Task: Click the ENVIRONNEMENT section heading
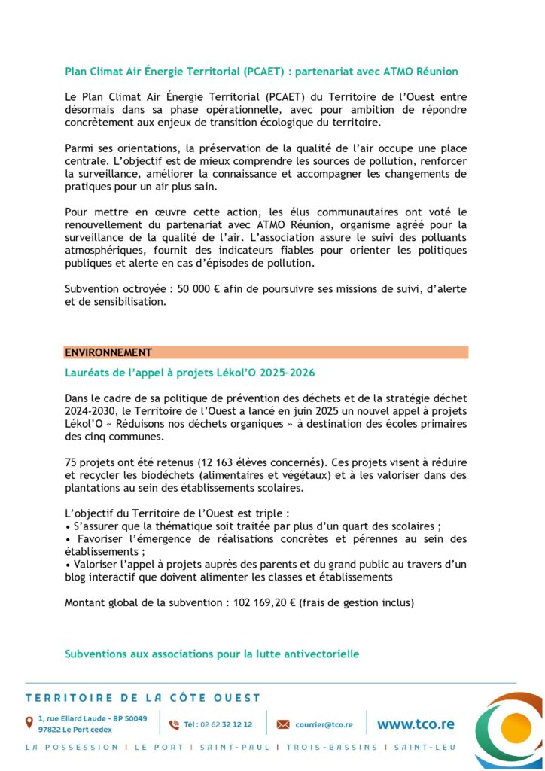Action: click(x=108, y=352)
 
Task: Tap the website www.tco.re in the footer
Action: click(x=416, y=724)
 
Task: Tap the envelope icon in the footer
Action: click(x=283, y=724)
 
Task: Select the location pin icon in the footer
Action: click(x=29, y=723)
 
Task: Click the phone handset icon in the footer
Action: click(x=174, y=724)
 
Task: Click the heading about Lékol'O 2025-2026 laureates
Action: click(x=190, y=373)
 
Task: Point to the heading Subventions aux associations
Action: click(x=212, y=654)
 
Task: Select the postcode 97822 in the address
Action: click(x=50, y=730)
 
